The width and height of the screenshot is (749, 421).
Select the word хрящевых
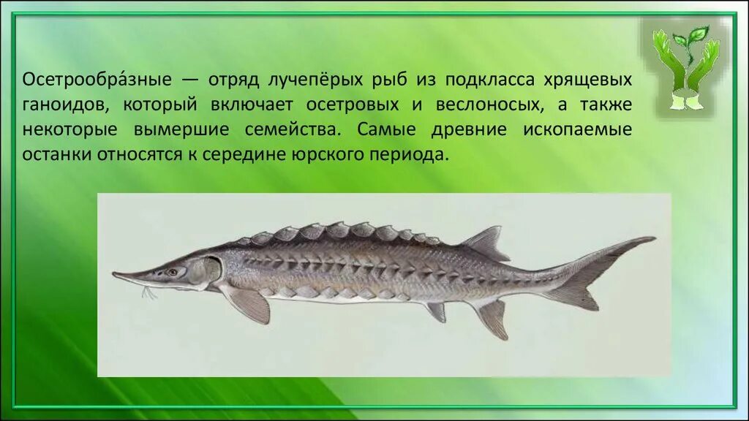(x=592, y=79)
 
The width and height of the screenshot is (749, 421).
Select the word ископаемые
(x=578, y=130)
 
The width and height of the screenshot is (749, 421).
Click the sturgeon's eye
(x=173, y=272)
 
